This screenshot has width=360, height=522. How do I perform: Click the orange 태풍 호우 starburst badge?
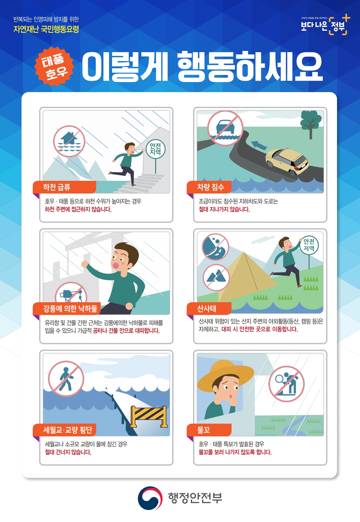click(54, 66)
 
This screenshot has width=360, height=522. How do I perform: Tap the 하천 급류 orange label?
click(64, 187)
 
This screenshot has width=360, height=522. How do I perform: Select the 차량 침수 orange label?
click(210, 187)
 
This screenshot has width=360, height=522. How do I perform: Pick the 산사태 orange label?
click(209, 309)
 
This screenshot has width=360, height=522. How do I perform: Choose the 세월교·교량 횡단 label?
click(64, 430)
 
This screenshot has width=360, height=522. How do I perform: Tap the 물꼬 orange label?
click(209, 430)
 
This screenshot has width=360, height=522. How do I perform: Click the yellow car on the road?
click(287, 162)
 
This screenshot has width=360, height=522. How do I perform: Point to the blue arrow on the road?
click(259, 145)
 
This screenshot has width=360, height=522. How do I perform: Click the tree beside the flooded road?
click(310, 124)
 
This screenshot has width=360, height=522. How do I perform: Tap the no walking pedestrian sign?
click(66, 378)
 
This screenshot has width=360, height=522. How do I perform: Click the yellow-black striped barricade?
click(148, 416)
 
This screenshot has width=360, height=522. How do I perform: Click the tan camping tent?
click(247, 278)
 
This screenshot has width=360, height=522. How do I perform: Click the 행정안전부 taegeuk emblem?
click(150, 498)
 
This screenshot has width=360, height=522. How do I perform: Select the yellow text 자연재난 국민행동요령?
click(46, 29)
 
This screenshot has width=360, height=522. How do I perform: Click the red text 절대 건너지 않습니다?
click(68, 452)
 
